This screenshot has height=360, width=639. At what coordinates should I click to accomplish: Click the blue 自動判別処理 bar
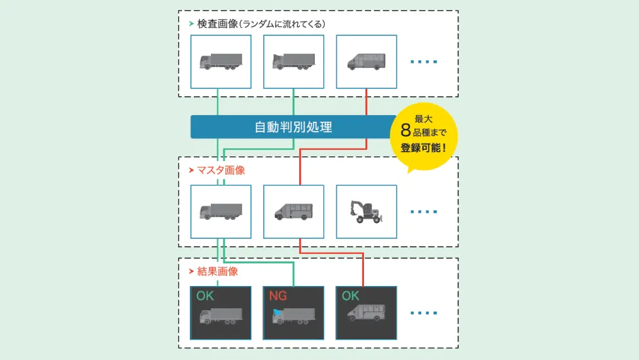tap(293, 127)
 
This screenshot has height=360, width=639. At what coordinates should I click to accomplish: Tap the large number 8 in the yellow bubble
tap(405, 130)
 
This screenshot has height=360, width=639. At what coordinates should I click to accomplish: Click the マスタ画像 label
tap(221, 170)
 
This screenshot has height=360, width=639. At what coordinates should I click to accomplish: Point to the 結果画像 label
tap(217, 272)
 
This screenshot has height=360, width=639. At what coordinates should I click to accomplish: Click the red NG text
tap(278, 296)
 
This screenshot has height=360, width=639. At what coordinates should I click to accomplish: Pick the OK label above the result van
tap(350, 296)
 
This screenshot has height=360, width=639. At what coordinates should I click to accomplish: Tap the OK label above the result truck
tap(205, 296)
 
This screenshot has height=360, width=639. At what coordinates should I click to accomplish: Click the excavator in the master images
tap(366, 211)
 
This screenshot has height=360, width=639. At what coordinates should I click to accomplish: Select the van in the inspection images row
tap(367, 62)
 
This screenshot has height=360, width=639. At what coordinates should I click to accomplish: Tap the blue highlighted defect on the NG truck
tap(277, 313)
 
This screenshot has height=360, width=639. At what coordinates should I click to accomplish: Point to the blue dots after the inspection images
tap(424, 62)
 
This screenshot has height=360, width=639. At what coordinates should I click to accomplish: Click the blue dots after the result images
tap(424, 313)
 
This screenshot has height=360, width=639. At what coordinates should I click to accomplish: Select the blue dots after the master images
tap(424, 212)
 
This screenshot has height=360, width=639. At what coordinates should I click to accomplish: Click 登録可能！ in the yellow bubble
tap(424, 148)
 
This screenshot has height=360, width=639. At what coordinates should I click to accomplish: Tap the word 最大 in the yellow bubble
tap(424, 119)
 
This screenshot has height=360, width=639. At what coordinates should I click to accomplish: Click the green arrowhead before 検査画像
tap(191, 24)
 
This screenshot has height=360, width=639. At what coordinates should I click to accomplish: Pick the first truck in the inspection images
tap(221, 62)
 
